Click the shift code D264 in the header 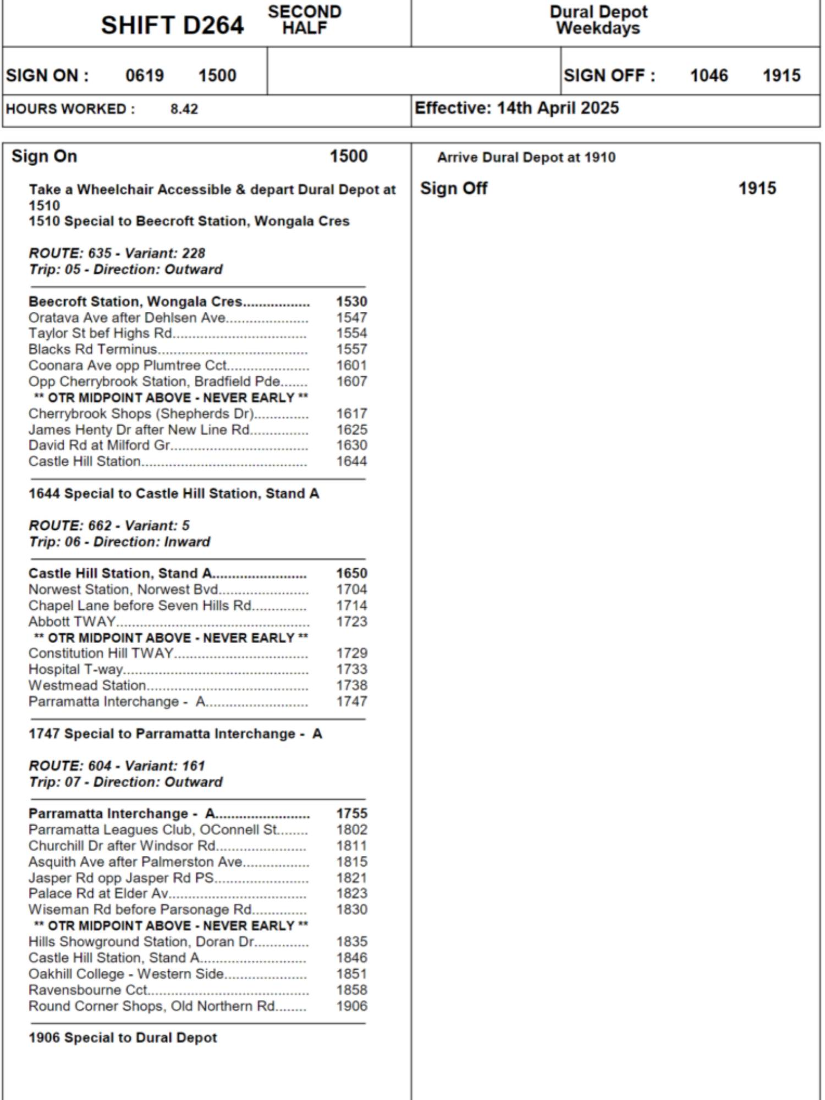[172, 25]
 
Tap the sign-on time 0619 [145, 75]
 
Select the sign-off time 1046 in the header [709, 75]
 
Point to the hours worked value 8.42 [184, 109]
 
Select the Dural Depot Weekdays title [598, 20]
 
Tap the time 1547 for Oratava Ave [351, 317]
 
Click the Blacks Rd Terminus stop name [93, 349]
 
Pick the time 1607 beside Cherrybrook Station [351, 381]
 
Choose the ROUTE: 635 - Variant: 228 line [117, 253]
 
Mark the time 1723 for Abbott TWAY [351, 621]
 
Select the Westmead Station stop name [87, 685]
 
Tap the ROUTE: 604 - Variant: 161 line [117, 766]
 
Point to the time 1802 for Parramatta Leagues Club [351, 829]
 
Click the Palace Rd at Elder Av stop [98, 893]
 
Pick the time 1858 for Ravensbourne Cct [351, 990]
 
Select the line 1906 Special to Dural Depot [123, 1038]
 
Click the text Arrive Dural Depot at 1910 [526, 157]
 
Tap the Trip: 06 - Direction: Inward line [119, 542]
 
